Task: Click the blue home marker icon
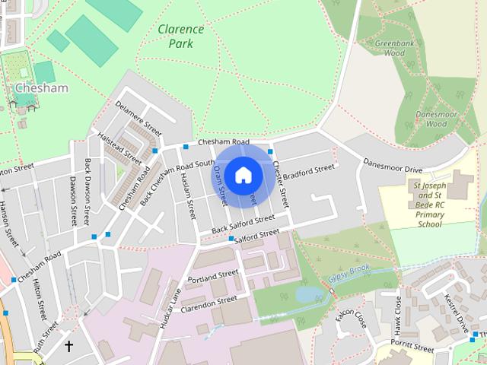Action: (243, 175)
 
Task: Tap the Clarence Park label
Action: (180, 36)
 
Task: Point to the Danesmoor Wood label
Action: (431, 119)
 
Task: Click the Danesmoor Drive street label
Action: (391, 163)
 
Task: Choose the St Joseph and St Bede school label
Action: (429, 205)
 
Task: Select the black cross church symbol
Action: (68, 346)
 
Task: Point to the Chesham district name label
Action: (41, 88)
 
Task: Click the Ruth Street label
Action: (45, 340)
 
